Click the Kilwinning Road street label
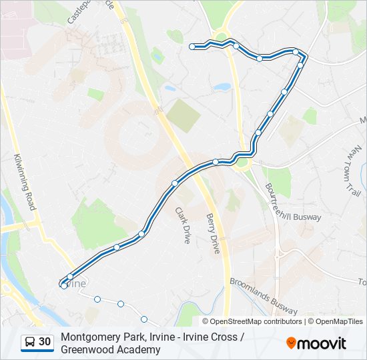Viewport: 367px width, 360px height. (24, 182)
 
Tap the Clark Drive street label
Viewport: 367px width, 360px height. (182, 225)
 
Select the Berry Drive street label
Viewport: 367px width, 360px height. (213, 233)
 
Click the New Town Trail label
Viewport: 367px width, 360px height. (352, 172)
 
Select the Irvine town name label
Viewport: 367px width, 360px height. (75, 284)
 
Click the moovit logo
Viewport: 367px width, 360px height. (316, 343)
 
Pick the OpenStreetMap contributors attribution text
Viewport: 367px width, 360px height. (256, 321)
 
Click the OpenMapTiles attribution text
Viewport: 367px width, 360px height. (339, 321)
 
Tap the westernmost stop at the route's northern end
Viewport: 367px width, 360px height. (192, 47)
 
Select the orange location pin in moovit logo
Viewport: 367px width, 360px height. (292, 343)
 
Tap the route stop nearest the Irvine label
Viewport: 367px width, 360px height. (64, 285)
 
